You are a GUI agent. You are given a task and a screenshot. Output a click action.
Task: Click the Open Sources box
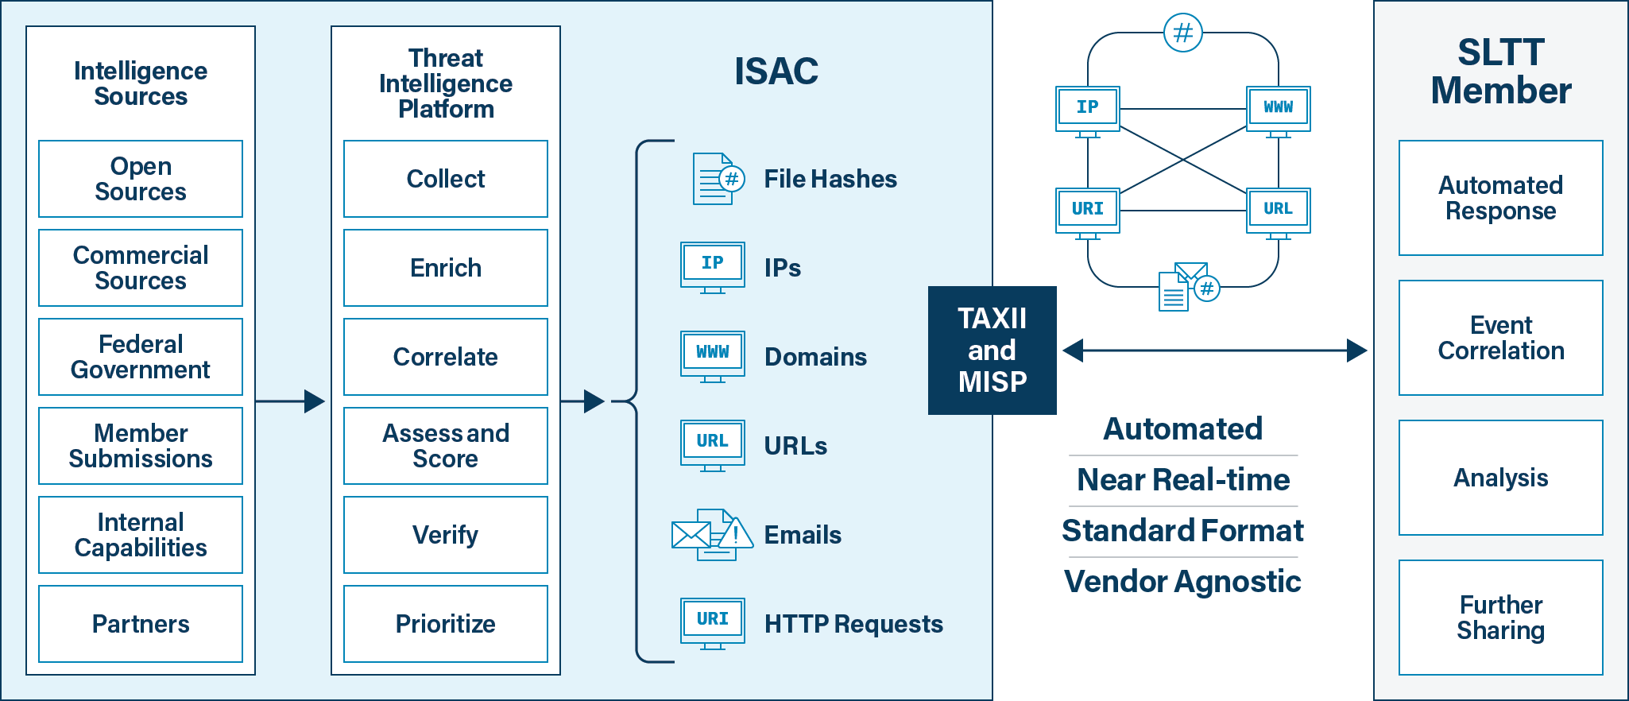pyautogui.click(x=141, y=179)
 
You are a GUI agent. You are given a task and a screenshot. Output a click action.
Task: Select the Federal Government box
pyautogui.click(x=141, y=357)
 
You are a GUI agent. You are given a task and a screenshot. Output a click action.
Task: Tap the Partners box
pyautogui.click(x=141, y=624)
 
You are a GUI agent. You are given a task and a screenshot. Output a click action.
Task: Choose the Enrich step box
pyautogui.click(x=445, y=268)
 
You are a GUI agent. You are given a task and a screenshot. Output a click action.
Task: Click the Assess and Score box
pyautogui.click(x=445, y=446)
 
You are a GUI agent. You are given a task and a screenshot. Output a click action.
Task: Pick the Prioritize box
pyautogui.click(x=445, y=624)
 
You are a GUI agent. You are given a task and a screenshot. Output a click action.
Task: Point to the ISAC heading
pyautogui.click(x=776, y=72)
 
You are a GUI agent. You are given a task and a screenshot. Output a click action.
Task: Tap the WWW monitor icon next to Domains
pyautogui.click(x=713, y=355)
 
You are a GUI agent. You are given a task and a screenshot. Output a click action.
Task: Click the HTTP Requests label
pyautogui.click(x=853, y=624)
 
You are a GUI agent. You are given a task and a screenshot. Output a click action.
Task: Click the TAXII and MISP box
pyautogui.click(x=992, y=350)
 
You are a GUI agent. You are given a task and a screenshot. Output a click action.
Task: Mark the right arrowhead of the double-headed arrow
pyautogui.click(x=1357, y=350)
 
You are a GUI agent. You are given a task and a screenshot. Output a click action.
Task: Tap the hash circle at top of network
pyautogui.click(x=1182, y=33)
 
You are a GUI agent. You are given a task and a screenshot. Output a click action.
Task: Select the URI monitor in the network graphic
pyautogui.click(x=1087, y=211)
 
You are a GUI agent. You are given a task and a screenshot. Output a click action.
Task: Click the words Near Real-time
pyautogui.click(x=1182, y=480)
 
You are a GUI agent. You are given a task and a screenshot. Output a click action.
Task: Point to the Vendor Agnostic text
pyautogui.click(x=1182, y=582)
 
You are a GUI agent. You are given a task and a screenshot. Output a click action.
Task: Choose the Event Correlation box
pyautogui.click(x=1500, y=338)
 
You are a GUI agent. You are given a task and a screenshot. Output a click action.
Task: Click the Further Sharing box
pyautogui.click(x=1500, y=618)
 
